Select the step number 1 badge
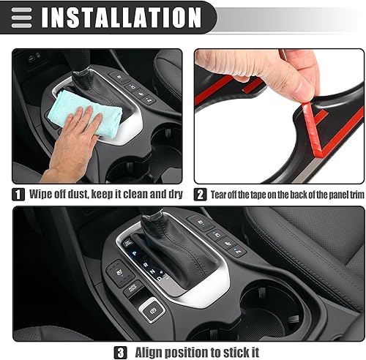click(19, 195)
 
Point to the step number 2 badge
click(201, 195)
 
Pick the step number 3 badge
click(121, 352)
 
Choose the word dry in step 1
click(174, 195)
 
